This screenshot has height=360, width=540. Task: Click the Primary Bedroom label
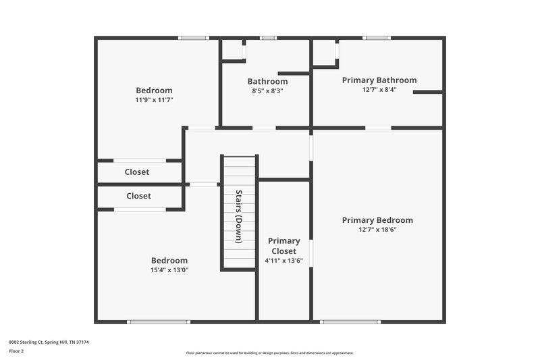click(377, 220)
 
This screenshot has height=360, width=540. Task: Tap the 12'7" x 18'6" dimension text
click(377, 230)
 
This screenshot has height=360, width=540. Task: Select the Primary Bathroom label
click(379, 80)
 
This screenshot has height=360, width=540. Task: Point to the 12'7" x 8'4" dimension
click(379, 89)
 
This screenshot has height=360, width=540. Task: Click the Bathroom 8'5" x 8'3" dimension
click(267, 91)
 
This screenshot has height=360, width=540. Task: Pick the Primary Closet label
click(283, 246)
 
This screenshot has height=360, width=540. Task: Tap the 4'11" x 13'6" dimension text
click(283, 260)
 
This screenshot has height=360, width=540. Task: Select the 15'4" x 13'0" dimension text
click(169, 270)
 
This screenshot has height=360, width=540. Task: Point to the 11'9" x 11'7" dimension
click(154, 100)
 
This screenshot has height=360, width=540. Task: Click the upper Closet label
click(137, 172)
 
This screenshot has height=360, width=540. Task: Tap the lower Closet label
click(138, 196)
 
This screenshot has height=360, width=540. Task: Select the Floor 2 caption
click(16, 351)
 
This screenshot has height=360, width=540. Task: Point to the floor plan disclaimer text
click(269, 353)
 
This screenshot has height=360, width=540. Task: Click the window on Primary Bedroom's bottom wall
click(346, 322)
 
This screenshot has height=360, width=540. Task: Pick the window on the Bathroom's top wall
click(268, 38)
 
